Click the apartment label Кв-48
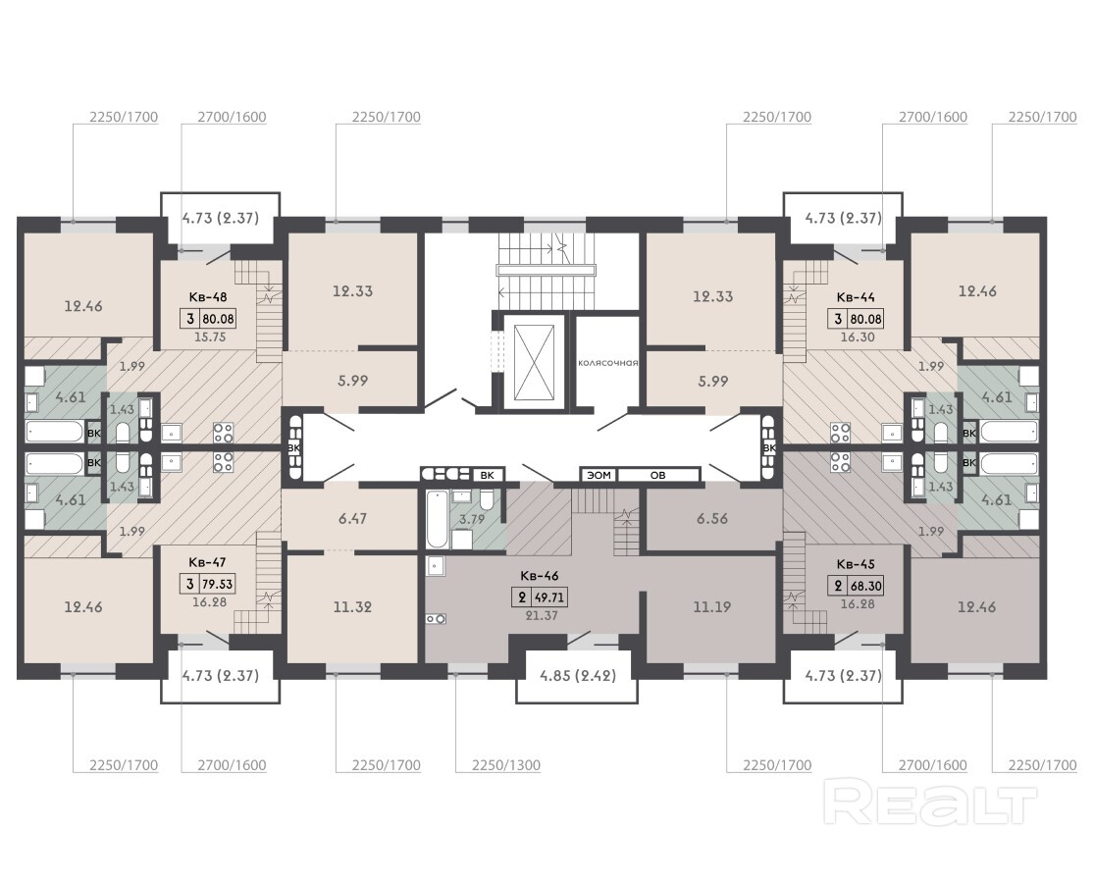[207, 296]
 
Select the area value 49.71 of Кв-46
[549, 597]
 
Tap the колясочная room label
[607, 363]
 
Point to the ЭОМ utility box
[599, 475]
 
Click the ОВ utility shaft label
[658, 475]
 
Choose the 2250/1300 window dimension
[506, 765]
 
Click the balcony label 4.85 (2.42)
[578, 675]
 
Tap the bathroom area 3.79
[472, 518]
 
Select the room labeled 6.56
[711, 518]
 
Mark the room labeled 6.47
[352, 518]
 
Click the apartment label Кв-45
[856, 564]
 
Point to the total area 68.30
[865, 586]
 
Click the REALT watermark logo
[930, 805]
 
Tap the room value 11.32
[352, 606]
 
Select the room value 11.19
[711, 606]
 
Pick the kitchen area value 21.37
[542, 616]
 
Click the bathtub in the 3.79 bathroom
[436, 519]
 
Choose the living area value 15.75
[210, 337]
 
